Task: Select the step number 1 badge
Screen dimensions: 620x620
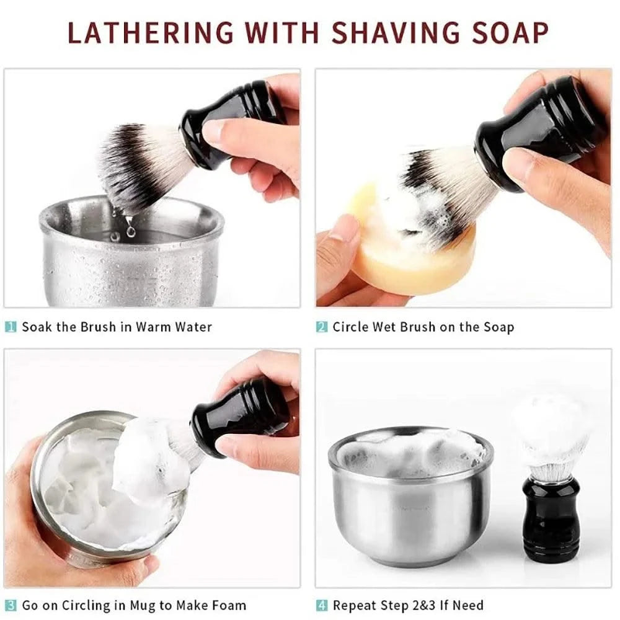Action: click(11, 327)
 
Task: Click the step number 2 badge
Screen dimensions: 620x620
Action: click(321, 327)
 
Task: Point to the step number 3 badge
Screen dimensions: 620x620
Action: click(11, 605)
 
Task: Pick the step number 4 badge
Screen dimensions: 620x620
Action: click(321, 605)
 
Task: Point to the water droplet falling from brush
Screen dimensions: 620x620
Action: click(130, 229)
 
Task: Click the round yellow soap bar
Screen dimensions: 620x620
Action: click(397, 260)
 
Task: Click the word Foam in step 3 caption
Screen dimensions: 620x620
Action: click(228, 605)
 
